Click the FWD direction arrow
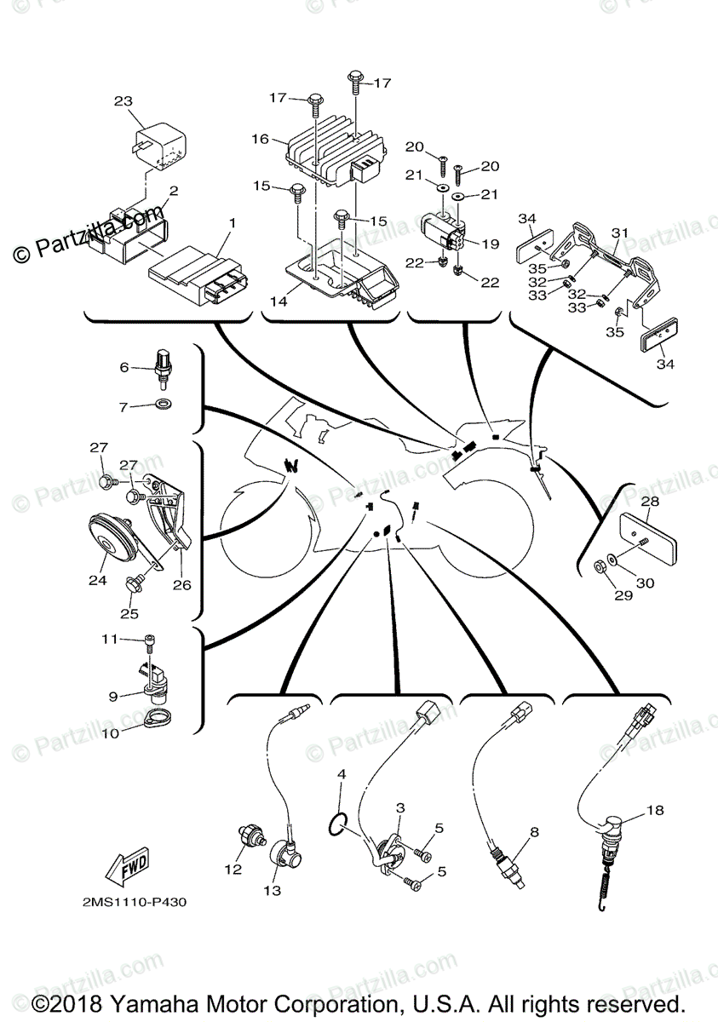pyautogui.click(x=125, y=867)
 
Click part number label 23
pyautogui.click(x=123, y=101)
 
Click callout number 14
pyautogui.click(x=279, y=301)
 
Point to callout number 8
pyautogui.click(x=534, y=831)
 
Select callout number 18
pyautogui.click(x=654, y=811)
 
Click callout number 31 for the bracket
pyautogui.click(x=619, y=233)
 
